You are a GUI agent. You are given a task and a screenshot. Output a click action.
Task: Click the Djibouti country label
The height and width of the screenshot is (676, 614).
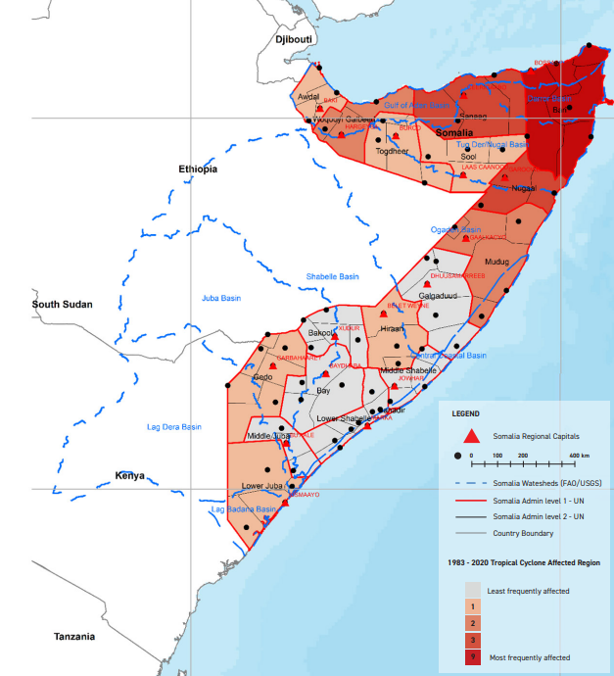(293, 39)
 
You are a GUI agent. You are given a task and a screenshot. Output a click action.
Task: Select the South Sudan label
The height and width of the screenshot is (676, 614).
(63, 304)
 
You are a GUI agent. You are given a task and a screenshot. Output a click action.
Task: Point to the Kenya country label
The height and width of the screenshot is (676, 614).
(130, 476)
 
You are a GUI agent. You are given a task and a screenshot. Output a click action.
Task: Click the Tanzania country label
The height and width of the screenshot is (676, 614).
(74, 637)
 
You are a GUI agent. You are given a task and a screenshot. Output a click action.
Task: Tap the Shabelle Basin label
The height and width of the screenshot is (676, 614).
(333, 276)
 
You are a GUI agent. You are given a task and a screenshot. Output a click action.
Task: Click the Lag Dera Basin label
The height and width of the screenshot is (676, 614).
(173, 427)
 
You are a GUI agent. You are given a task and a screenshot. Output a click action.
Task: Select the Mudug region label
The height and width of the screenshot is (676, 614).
(497, 263)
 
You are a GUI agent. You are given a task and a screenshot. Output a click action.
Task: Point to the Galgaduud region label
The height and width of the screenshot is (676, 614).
(438, 295)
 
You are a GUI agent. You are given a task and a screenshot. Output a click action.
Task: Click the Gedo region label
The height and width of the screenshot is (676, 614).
(262, 377)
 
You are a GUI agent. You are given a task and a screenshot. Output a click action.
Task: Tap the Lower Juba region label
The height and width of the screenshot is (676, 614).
(261, 486)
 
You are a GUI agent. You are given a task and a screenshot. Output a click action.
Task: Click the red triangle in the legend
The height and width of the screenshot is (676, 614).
(470, 437)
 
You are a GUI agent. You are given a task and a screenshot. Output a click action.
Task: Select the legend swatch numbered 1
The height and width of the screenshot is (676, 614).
(473, 607)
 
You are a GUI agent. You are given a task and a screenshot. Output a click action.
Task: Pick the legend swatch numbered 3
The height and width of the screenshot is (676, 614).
(473, 640)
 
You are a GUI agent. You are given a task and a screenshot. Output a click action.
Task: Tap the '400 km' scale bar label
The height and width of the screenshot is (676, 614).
(580, 457)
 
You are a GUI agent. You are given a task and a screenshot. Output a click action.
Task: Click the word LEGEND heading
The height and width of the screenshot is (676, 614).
(465, 413)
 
